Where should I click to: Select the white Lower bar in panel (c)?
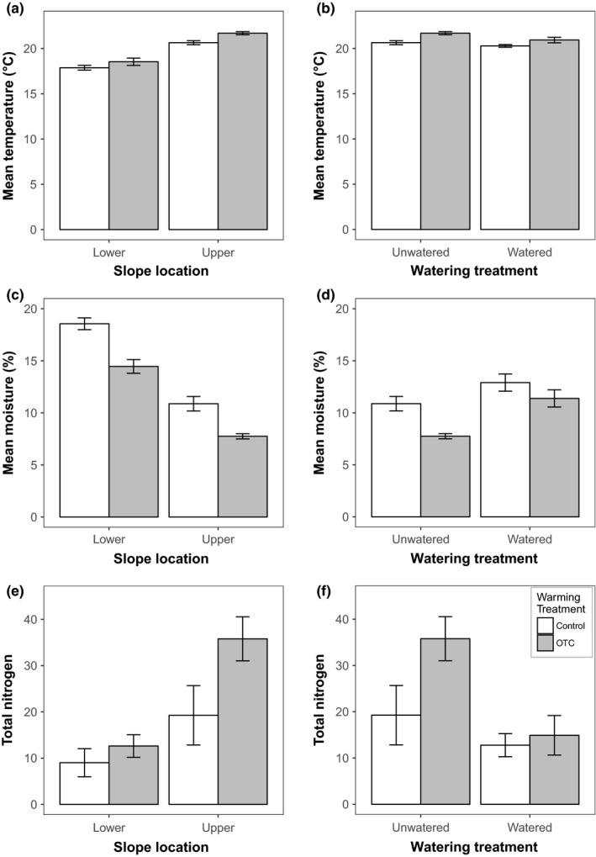click(x=84, y=420)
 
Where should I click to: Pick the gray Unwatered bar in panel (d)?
click(x=445, y=476)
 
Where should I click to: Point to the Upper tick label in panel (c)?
click(x=219, y=538)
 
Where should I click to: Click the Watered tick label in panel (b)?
click(x=530, y=251)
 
